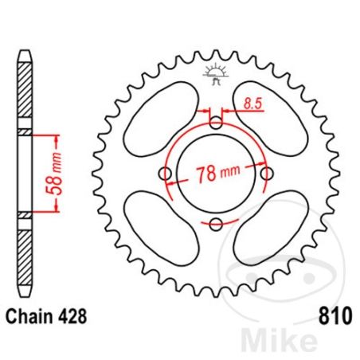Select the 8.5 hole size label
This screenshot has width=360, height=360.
[254, 102]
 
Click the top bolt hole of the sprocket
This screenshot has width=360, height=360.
[216, 122]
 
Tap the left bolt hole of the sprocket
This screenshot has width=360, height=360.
[166, 174]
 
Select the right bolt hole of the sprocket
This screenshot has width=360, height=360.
[267, 174]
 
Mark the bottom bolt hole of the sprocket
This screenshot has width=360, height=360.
[216, 224]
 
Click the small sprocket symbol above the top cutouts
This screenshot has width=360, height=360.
[216, 76]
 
